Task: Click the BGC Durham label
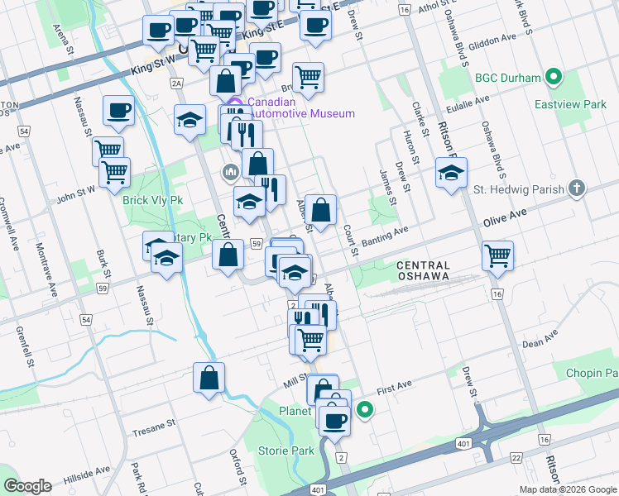pyautogui.click(x=508, y=79)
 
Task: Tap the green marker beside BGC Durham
pyautogui.click(x=554, y=79)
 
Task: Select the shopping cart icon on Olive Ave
pyautogui.click(x=497, y=255)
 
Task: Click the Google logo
pyautogui.click(x=27, y=486)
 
